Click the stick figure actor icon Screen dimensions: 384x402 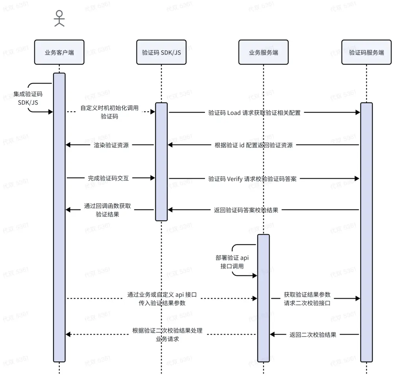click(x=59, y=18)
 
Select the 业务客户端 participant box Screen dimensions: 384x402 click(x=59, y=52)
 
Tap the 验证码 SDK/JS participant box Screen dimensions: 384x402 click(x=161, y=52)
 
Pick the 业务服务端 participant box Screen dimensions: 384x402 click(x=264, y=52)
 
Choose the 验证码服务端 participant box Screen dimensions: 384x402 click(x=366, y=52)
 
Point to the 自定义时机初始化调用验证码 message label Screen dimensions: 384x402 click(x=109, y=112)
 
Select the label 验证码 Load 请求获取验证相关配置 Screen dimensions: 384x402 click(x=254, y=113)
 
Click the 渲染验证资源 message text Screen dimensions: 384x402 click(x=109, y=145)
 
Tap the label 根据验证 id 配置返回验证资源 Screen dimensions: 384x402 click(x=254, y=145)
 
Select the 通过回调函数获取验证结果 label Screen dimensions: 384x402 click(x=107, y=210)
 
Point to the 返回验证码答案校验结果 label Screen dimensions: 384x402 click(x=246, y=210)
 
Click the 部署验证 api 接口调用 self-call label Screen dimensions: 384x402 click(x=232, y=262)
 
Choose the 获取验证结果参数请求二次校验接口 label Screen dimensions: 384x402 click(x=307, y=298)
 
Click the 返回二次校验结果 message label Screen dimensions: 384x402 click(x=313, y=334)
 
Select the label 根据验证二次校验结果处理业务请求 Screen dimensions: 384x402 click(x=167, y=335)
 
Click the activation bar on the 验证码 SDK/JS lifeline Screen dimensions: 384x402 click(x=161, y=161)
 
